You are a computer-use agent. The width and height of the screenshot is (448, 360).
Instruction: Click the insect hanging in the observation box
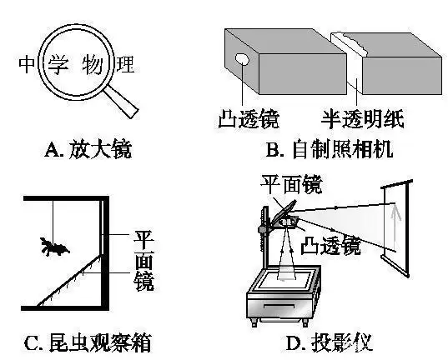(54, 246)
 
